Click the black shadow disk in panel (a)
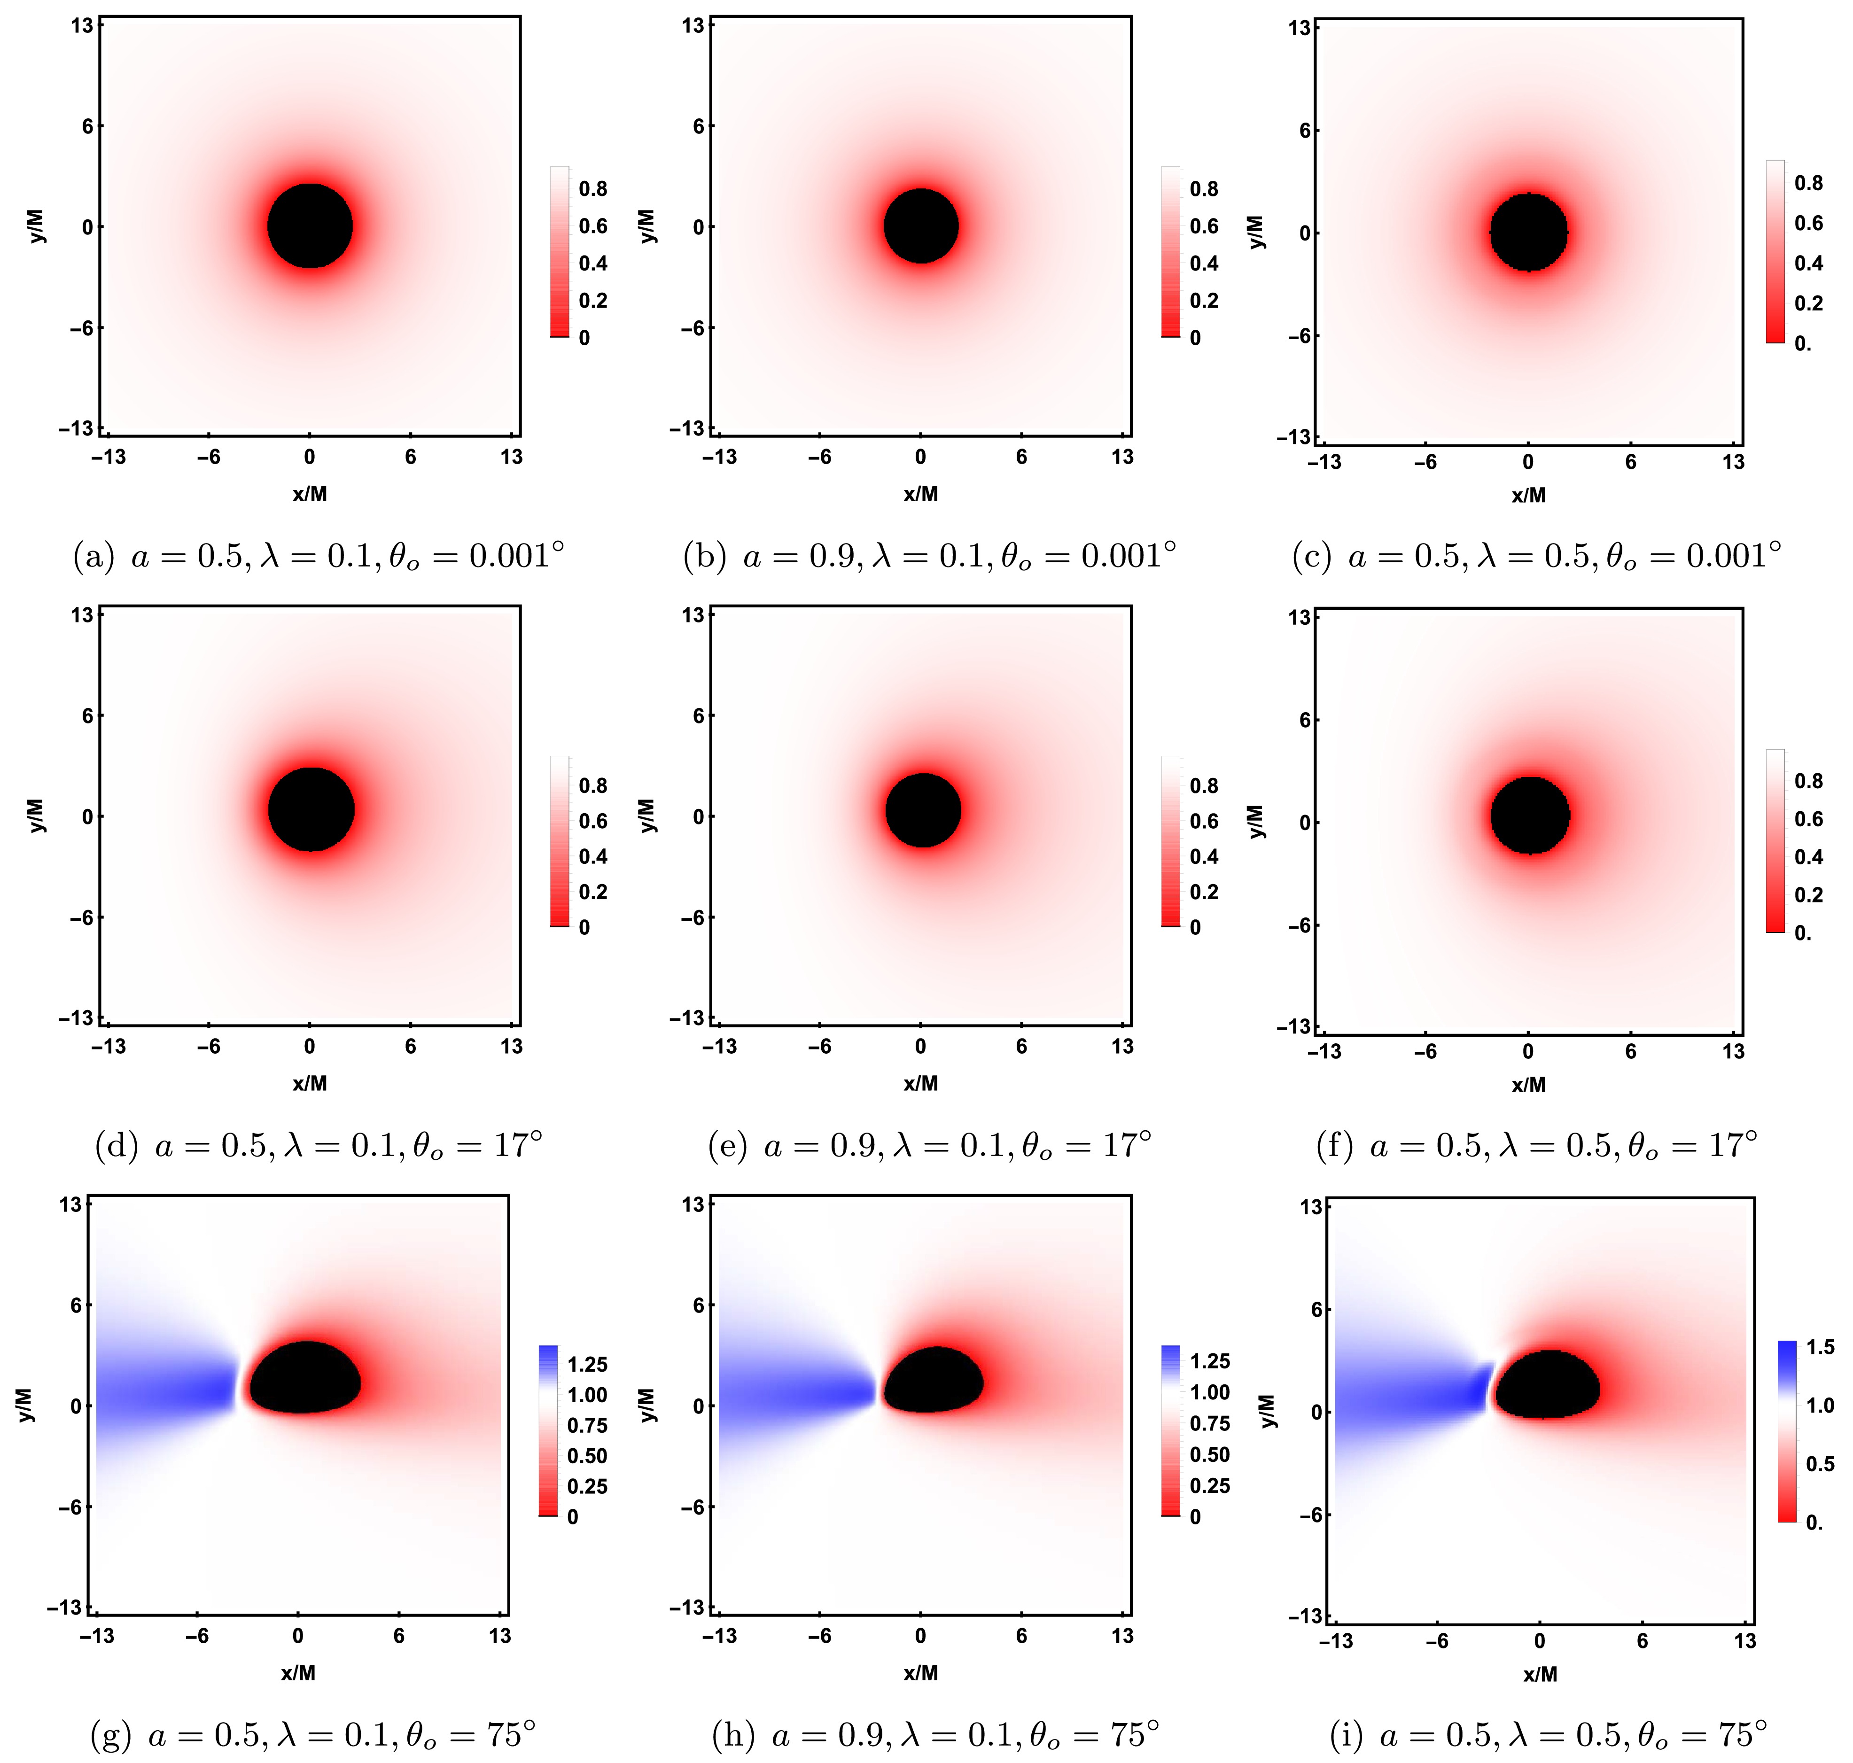pyautogui.click(x=310, y=226)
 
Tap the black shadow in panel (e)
pyautogui.click(x=923, y=810)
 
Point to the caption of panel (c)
pyautogui.click(x=1536, y=556)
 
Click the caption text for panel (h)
pyautogui.click(x=935, y=1735)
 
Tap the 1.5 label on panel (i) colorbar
pyautogui.click(x=1820, y=1348)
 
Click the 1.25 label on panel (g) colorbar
pyautogui.click(x=587, y=1365)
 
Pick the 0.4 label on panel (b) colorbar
pyautogui.click(x=1204, y=263)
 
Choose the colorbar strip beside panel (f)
pyautogui.click(x=1775, y=841)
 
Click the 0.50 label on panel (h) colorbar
pyautogui.click(x=1209, y=1455)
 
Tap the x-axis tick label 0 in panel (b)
pyautogui.click(x=920, y=457)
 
